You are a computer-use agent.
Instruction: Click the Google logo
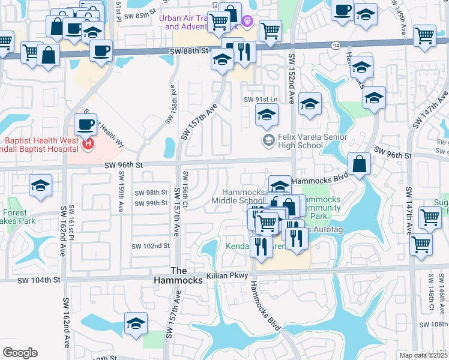coord(20,353)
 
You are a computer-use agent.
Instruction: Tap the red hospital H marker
coord(88,144)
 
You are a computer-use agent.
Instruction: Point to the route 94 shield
coord(335,46)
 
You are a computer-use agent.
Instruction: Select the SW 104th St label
coord(39,280)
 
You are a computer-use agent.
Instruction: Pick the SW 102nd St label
coord(151,246)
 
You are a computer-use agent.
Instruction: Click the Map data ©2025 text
coord(426,354)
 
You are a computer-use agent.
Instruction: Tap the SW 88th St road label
coord(191,52)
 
